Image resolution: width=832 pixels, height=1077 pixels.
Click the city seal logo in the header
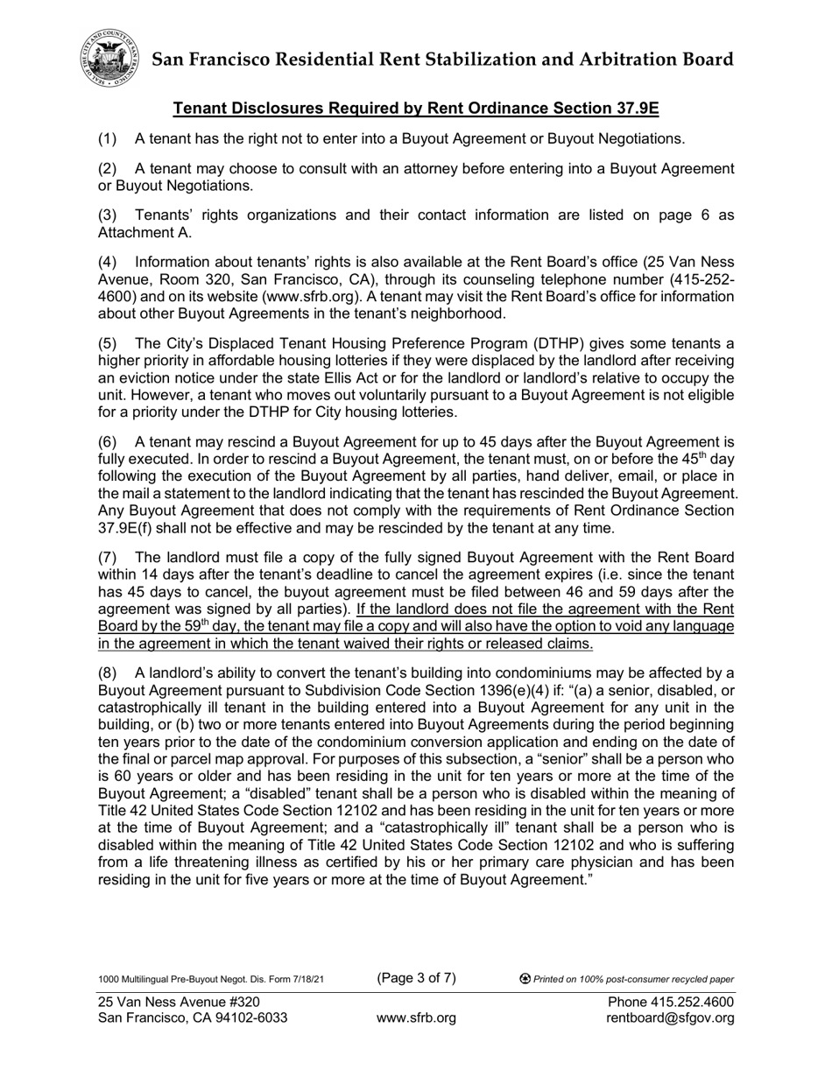[x=110, y=58]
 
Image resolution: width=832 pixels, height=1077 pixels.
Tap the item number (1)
[x=107, y=138]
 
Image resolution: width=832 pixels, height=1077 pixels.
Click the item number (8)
[x=107, y=672]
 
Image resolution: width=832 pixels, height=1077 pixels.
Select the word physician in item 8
[x=620, y=862]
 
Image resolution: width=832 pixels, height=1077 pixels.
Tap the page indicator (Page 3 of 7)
[x=416, y=978]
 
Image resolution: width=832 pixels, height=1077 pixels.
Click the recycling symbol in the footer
[x=525, y=979]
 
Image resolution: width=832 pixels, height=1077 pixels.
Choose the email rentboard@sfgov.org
[x=670, y=1017]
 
